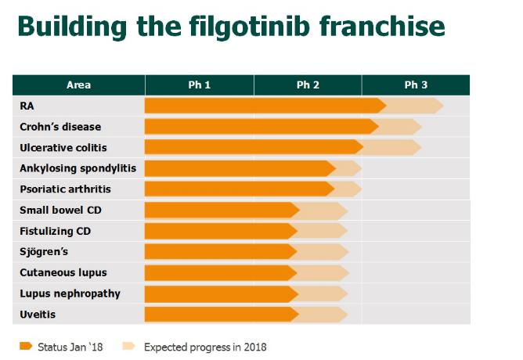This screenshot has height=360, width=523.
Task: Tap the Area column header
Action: click(78, 85)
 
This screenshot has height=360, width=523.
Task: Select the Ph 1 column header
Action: click(199, 85)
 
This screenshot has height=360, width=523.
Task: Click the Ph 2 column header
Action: click(308, 85)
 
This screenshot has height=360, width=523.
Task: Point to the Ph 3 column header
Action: click(416, 85)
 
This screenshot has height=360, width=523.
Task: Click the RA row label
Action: click(27, 106)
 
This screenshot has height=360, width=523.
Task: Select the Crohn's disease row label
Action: click(60, 127)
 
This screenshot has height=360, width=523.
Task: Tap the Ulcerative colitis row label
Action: click(63, 147)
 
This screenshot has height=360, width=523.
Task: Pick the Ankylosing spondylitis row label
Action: click(78, 168)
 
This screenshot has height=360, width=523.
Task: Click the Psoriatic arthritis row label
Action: click(65, 189)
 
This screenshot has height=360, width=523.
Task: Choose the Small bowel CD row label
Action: click(60, 210)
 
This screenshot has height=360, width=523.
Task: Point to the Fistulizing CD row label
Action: click(56, 231)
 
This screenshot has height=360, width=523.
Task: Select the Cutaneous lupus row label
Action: click(63, 272)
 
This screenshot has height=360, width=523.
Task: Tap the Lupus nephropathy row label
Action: click(70, 293)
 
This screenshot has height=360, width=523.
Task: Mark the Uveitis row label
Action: click(38, 315)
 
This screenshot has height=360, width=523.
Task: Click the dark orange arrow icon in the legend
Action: click(26, 345)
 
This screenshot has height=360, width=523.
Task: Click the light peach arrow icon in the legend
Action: click(129, 345)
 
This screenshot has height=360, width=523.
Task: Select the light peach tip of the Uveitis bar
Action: click(323, 315)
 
